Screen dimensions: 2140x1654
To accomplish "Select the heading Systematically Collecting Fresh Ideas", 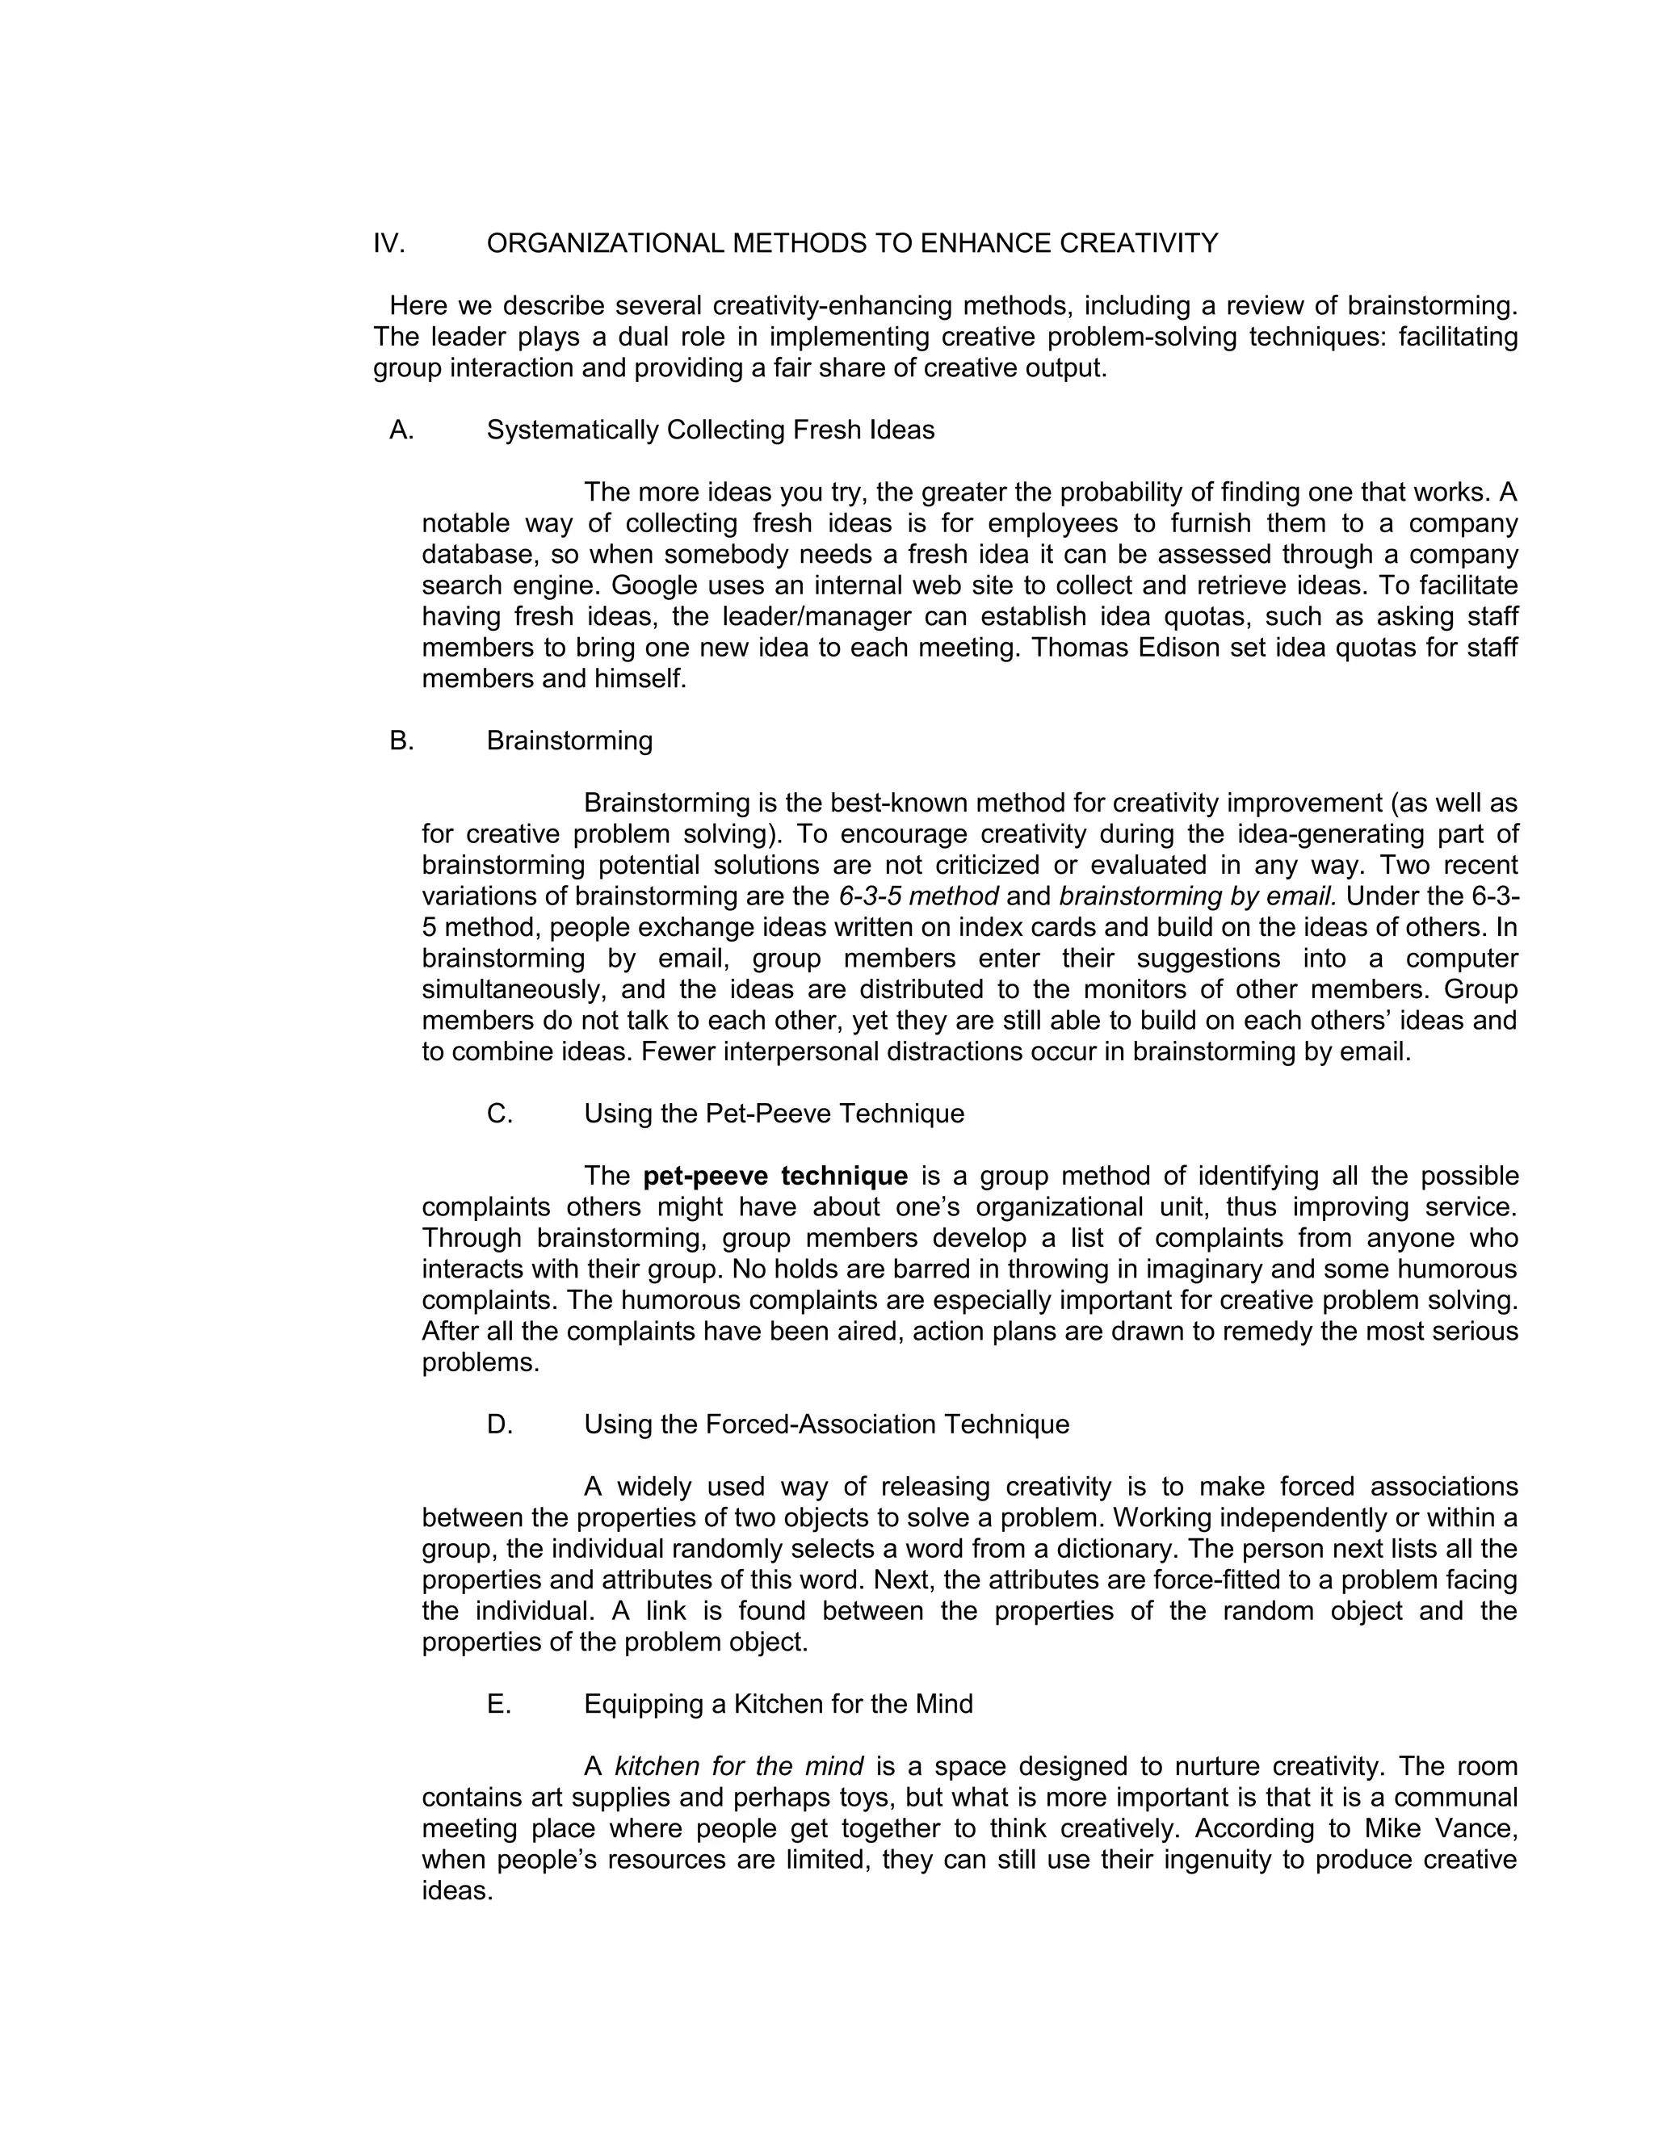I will [x=711, y=430].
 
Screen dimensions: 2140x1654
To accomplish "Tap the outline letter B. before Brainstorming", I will [x=401, y=741].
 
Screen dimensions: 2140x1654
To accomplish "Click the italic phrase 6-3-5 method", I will [x=919, y=896].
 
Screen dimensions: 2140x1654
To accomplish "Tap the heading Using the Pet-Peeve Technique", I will [x=774, y=1114].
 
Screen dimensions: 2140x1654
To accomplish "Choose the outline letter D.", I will [x=500, y=1425].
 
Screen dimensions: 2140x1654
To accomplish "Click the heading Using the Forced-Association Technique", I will [x=826, y=1425].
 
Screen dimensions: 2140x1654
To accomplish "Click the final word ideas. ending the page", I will [x=456, y=1891].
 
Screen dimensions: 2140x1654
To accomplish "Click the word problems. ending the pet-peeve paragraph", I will [x=481, y=1363].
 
